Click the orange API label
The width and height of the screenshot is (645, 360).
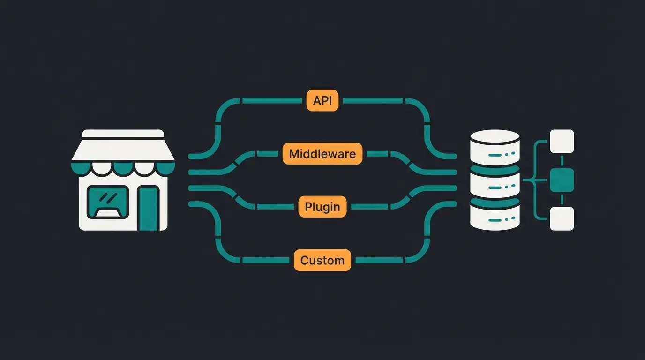click(x=322, y=101)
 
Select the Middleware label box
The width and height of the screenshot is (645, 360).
click(x=322, y=154)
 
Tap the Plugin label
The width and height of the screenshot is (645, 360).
click(x=322, y=207)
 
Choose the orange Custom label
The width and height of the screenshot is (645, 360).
click(x=322, y=260)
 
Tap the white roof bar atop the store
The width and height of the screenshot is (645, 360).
click(x=123, y=134)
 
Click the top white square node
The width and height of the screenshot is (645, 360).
click(x=562, y=141)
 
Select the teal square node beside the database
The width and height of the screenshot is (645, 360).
click(x=562, y=180)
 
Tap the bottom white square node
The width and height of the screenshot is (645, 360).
click(x=562, y=218)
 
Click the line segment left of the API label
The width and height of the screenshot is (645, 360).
click(x=272, y=100)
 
